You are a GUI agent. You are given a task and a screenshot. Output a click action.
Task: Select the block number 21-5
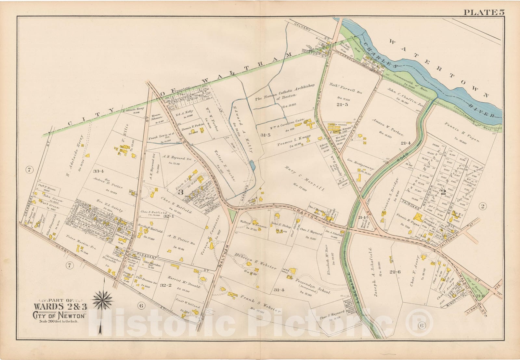[x=342, y=104]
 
